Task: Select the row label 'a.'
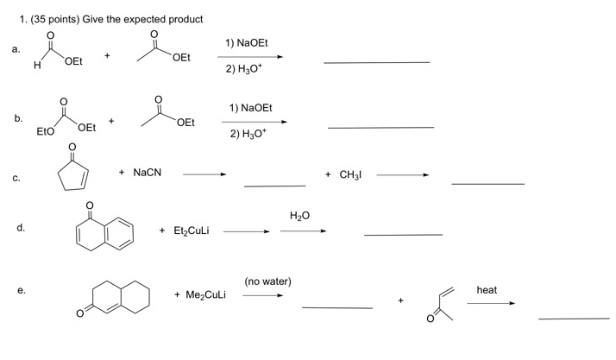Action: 16,50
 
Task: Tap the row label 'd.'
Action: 20,228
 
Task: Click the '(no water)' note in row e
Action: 267,281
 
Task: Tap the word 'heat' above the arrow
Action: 487,290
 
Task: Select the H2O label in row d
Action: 299,216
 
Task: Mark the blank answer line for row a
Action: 376,62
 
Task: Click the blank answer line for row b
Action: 380,128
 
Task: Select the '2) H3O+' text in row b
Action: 251,136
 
